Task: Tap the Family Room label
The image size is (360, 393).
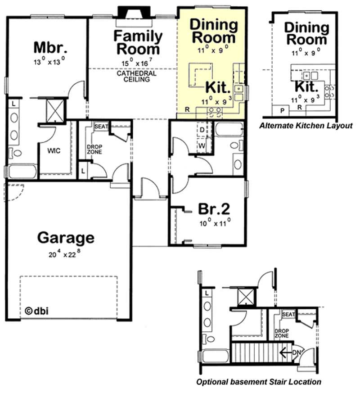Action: point(137,42)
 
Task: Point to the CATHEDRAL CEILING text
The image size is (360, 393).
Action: point(136,76)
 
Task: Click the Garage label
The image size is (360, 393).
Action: point(66,237)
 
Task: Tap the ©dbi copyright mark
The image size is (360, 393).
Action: point(36,311)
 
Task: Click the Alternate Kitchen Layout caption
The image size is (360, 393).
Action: point(306,126)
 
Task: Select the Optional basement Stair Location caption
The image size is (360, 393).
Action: point(258,382)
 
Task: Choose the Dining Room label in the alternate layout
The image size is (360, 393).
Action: point(306,34)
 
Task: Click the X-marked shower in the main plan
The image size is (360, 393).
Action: point(56,109)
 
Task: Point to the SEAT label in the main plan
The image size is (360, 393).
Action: point(101,127)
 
